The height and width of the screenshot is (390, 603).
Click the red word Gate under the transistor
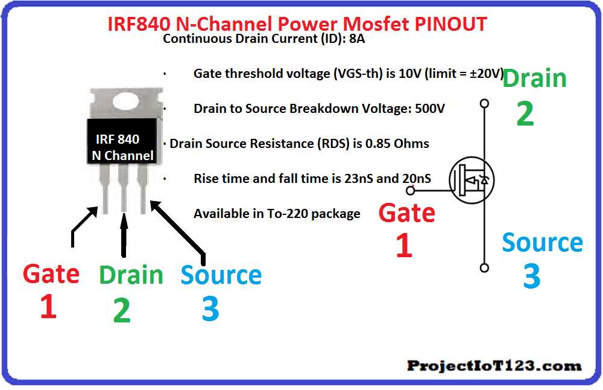pos(51,274)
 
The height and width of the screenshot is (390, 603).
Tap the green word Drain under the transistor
pos(131,275)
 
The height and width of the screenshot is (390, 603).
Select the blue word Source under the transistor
pos(221,275)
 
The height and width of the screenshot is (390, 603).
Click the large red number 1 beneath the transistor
pos(48,306)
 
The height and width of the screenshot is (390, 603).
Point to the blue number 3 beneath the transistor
pos(210,308)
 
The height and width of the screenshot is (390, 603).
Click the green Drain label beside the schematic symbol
pos(534,78)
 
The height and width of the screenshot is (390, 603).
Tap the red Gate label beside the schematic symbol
pos(406,213)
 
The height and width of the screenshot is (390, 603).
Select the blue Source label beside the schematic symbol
pos(542,243)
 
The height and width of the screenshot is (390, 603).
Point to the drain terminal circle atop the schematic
pos(484,104)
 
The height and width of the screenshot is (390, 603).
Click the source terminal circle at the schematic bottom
pos(484,267)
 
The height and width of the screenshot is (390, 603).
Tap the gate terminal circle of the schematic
pos(411,191)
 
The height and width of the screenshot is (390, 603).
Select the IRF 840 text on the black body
pos(118,139)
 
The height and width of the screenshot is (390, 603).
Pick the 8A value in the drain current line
pos(357,40)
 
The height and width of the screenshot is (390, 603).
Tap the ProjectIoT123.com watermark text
pos(494,365)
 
